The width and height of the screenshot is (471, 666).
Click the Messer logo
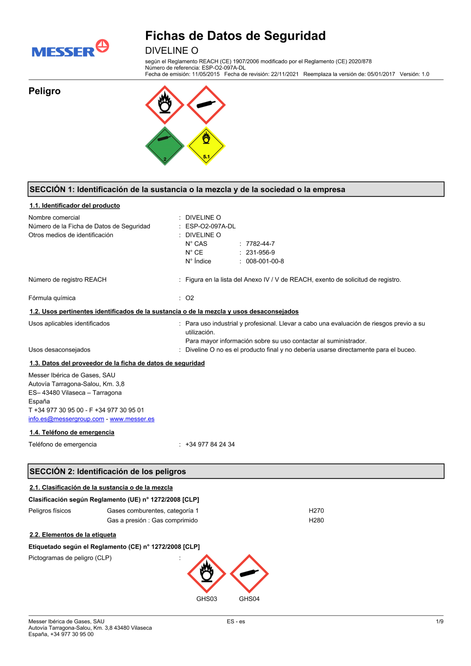point(70,49)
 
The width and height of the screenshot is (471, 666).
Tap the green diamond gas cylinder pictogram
point(165,146)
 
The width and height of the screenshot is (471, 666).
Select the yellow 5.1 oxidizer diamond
point(206,146)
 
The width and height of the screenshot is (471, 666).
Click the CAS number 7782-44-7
point(260,244)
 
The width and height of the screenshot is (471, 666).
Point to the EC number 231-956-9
point(260,252)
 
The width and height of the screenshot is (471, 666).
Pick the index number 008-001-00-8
point(265,261)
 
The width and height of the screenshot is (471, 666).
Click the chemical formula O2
point(190,298)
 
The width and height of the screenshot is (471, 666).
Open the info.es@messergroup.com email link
point(66,419)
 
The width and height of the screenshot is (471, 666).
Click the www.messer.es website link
point(132,419)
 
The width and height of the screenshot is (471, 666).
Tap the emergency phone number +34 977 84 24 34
point(210,445)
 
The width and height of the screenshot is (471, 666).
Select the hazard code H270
point(316,511)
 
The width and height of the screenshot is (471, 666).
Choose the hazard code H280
point(316,520)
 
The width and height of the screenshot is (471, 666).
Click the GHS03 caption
point(207,599)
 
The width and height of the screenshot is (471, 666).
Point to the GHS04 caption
point(249,599)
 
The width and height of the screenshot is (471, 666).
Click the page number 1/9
point(439,622)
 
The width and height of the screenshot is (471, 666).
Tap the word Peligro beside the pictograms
point(45,91)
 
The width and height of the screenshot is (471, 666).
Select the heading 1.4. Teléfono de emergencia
point(72,432)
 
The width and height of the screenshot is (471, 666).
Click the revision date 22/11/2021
point(284,74)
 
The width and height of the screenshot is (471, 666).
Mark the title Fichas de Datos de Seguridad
point(235,36)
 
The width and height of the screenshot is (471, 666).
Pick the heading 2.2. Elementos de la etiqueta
point(73,535)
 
